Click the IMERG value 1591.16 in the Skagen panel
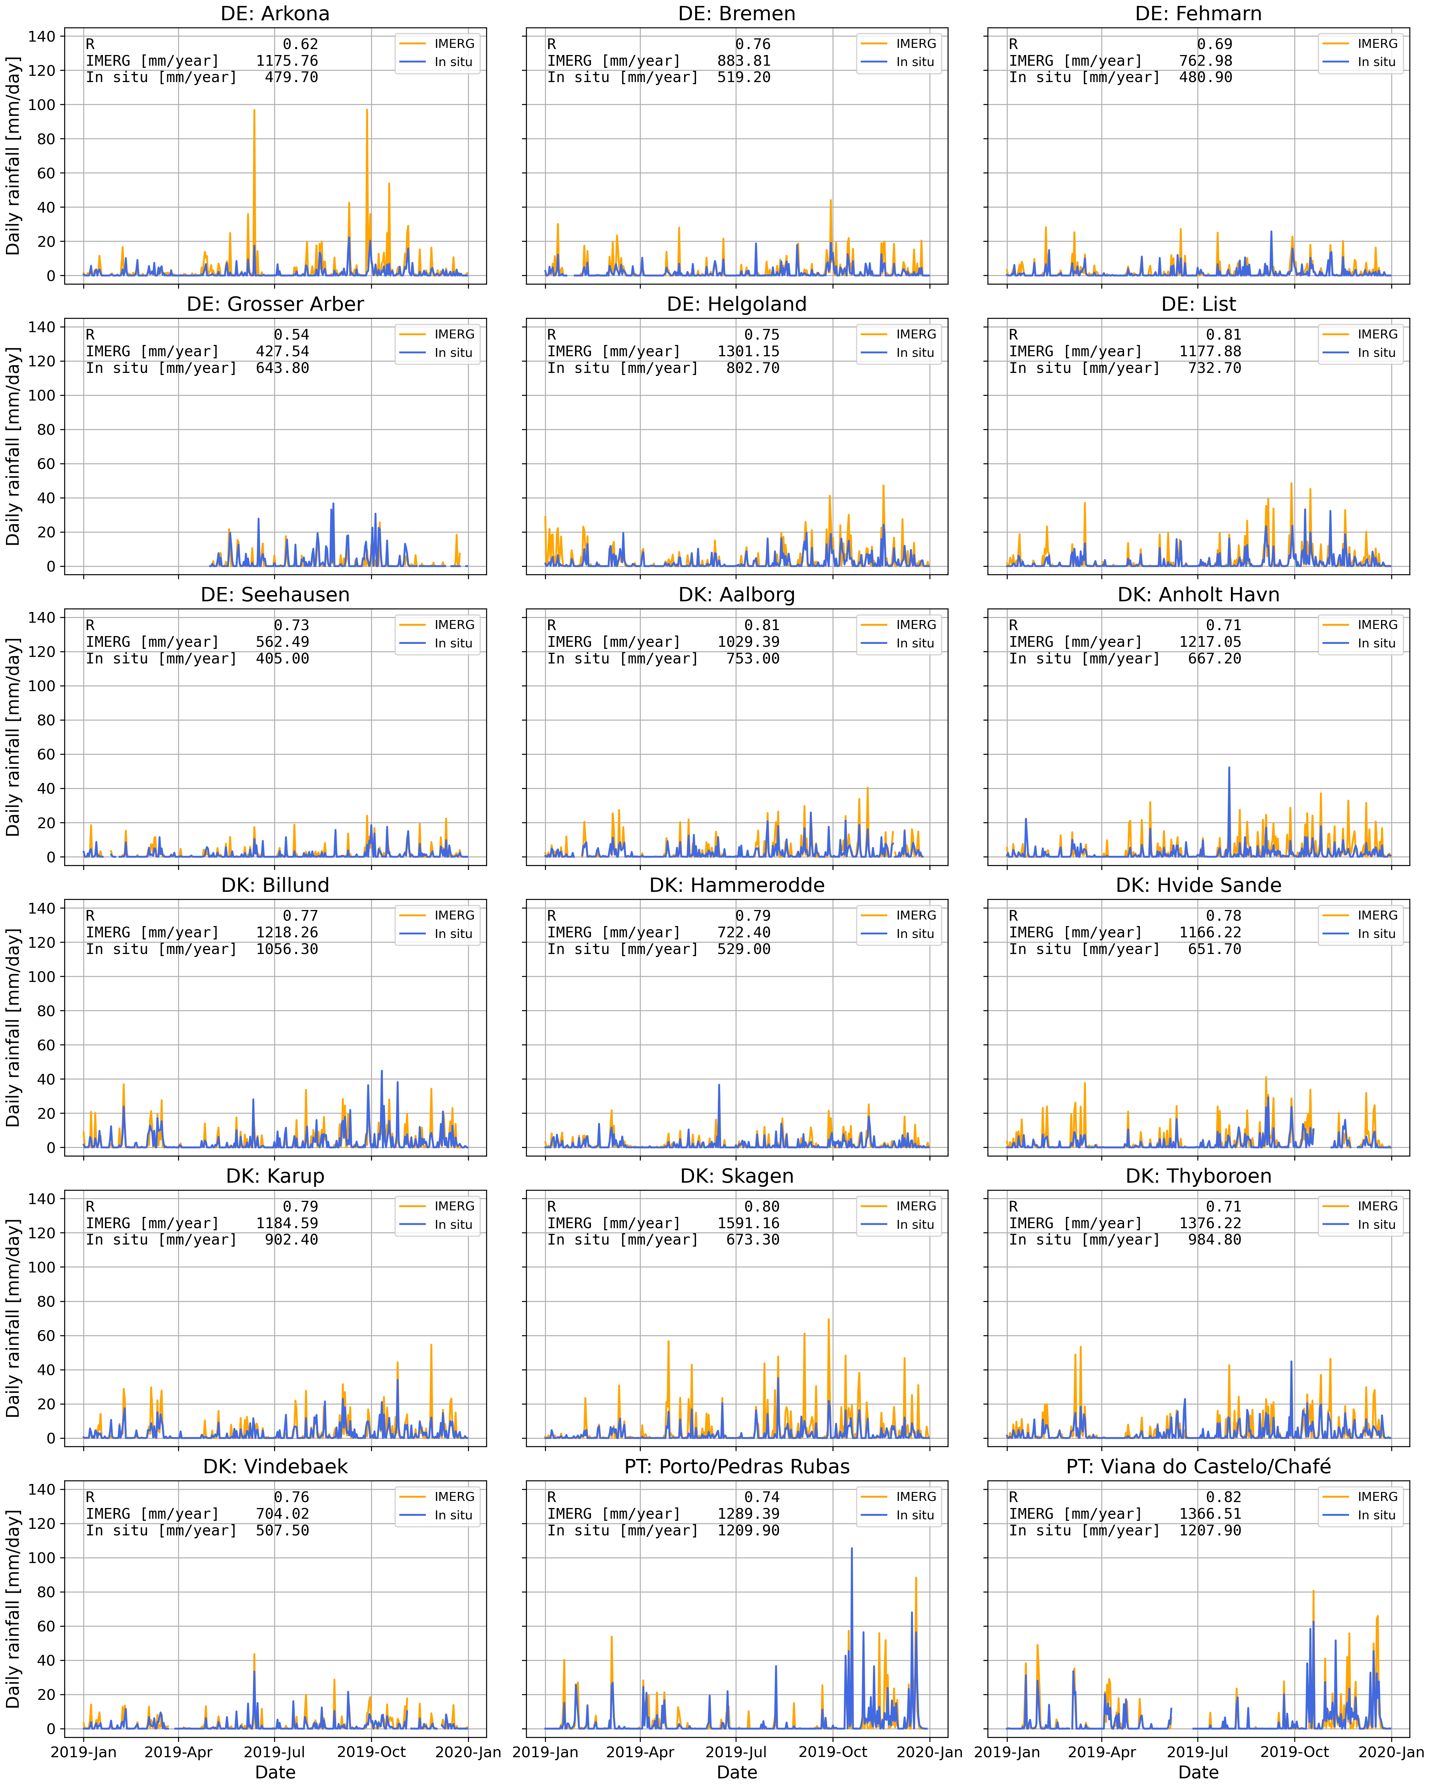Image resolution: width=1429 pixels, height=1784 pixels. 748,1223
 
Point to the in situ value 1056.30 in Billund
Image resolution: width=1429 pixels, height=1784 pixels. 286,949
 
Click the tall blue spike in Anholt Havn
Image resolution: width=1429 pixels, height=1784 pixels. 1229,769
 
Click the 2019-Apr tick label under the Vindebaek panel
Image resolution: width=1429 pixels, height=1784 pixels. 179,1752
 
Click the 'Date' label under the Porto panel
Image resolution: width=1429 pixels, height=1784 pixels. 737,1772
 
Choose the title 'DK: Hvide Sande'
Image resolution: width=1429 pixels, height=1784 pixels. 1198,885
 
